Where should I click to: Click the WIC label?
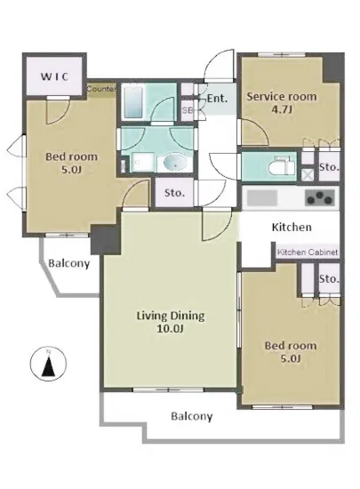55,76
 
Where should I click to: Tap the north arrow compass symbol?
48,364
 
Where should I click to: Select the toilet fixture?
282,166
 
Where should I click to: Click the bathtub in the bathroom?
133,101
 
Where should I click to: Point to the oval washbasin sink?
175,162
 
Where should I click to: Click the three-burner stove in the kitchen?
320,197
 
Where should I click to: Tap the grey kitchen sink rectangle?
262,198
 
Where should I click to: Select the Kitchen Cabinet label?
308,253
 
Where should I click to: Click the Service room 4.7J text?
282,102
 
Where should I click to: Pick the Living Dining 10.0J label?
171,322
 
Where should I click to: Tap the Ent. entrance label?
217,99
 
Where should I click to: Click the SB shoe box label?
187,110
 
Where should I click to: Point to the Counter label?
101,89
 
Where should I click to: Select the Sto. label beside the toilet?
329,167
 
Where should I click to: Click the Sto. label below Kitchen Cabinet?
329,278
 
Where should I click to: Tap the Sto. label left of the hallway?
174,193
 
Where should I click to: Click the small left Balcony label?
68,263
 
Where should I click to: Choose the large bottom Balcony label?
192,416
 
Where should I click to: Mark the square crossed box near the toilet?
308,174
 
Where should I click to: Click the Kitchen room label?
292,227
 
